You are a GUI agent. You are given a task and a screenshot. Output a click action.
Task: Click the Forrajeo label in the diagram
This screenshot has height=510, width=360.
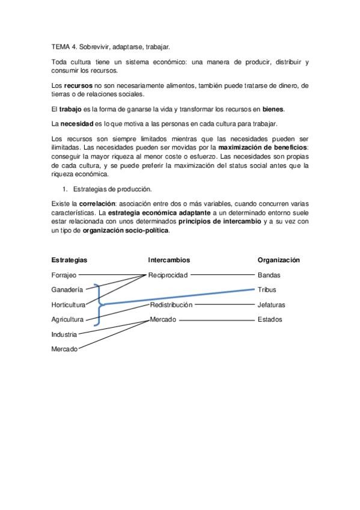64,275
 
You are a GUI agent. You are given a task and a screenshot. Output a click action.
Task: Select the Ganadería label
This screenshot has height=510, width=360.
67,290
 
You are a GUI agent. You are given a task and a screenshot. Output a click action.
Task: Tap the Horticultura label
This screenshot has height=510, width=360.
68,305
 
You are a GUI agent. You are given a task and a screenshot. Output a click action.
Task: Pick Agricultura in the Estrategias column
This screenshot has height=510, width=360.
67,320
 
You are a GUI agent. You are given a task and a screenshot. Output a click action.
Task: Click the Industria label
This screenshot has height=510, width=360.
64,334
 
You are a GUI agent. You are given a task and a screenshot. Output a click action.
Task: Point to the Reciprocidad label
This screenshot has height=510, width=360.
168,275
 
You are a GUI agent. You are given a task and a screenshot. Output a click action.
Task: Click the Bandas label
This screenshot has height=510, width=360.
269,275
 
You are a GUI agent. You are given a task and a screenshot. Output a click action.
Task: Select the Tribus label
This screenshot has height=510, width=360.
267,290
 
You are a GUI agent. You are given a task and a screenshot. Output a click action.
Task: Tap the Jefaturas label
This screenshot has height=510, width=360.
271,305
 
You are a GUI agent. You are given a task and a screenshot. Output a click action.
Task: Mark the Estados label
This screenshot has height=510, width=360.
269,320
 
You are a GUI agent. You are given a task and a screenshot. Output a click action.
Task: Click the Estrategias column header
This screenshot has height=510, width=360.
69,260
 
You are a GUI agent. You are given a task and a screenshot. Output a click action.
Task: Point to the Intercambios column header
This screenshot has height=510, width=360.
169,260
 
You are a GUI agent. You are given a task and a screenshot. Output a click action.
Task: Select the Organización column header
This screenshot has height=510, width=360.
279,260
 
